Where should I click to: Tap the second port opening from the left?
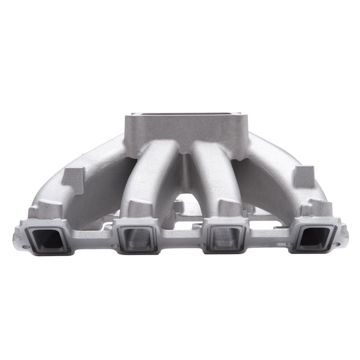coord(137,238)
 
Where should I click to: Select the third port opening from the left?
coord(224,238)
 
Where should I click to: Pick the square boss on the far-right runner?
coord(304,176)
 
